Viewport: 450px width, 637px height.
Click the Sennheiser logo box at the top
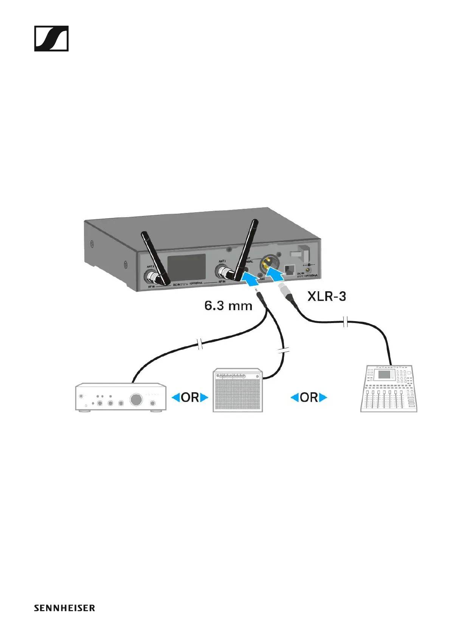pos(51,39)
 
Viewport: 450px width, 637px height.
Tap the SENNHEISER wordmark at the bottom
pos(64,608)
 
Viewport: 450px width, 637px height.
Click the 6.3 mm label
pos(228,306)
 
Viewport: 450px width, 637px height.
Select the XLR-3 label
pos(327,296)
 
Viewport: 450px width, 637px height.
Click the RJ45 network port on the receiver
pos(289,270)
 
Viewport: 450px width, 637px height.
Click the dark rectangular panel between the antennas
pos(186,268)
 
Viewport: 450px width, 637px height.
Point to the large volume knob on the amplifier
pos(136,399)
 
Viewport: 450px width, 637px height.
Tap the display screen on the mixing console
pos(384,375)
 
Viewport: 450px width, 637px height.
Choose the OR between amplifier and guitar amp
pos(190,398)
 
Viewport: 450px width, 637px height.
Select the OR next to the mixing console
pos(309,398)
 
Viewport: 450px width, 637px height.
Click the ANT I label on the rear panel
pos(222,261)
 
